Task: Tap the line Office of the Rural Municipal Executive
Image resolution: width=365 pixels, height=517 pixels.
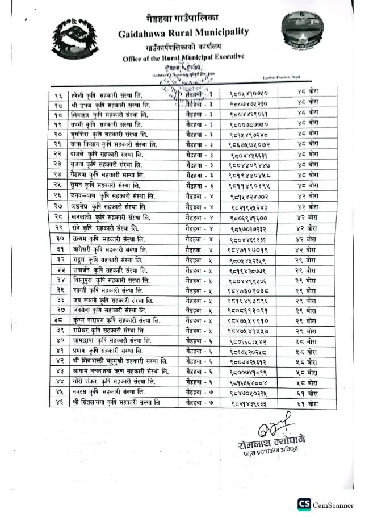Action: click(183, 57)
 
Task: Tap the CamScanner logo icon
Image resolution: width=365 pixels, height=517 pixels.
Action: click(305, 504)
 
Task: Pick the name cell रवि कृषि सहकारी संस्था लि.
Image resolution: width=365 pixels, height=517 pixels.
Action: click(105, 228)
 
